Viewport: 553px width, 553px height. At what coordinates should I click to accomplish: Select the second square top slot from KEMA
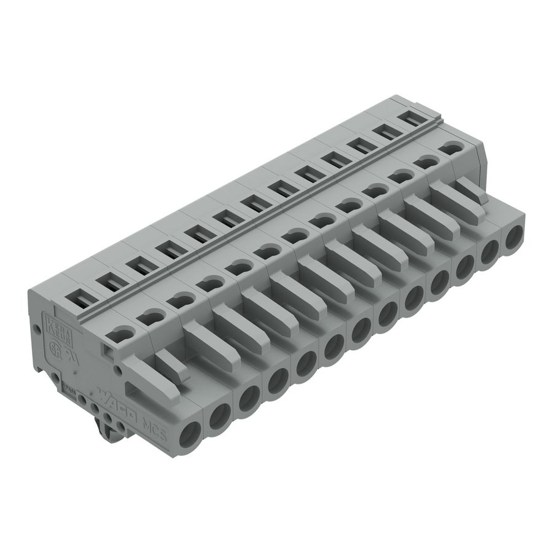[x=109, y=282]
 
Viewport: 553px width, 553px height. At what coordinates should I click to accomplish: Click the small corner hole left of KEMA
[x=36, y=330]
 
